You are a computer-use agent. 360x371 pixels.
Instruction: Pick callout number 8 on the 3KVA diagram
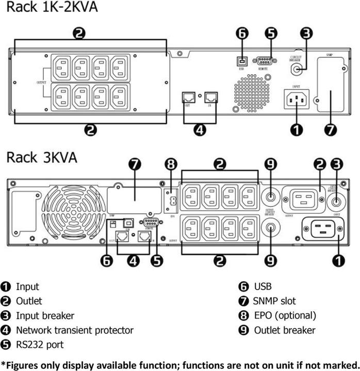pyautogui.click(x=171, y=165)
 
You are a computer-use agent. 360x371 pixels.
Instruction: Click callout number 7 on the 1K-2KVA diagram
pyautogui.click(x=331, y=129)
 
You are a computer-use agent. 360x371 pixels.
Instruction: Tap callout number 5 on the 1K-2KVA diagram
pyautogui.click(x=271, y=33)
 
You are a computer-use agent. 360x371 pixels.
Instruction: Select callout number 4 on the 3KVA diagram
pyautogui.click(x=134, y=261)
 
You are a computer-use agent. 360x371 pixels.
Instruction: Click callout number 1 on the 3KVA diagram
pyautogui.click(x=338, y=261)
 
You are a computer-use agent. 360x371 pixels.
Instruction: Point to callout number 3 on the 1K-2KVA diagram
pyautogui.click(x=306, y=33)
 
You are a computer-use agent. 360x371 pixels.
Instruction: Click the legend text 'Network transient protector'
pyautogui.click(x=75, y=330)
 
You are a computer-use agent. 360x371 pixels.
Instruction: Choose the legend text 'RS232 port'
pyautogui.click(x=40, y=344)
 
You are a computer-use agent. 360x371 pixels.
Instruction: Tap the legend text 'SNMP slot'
pyautogui.click(x=274, y=301)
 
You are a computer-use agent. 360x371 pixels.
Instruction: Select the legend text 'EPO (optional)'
pyautogui.click(x=285, y=315)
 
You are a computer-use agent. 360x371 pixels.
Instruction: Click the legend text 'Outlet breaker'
pyautogui.click(x=285, y=330)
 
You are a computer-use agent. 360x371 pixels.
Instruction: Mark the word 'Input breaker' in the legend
pyautogui.click(x=45, y=315)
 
